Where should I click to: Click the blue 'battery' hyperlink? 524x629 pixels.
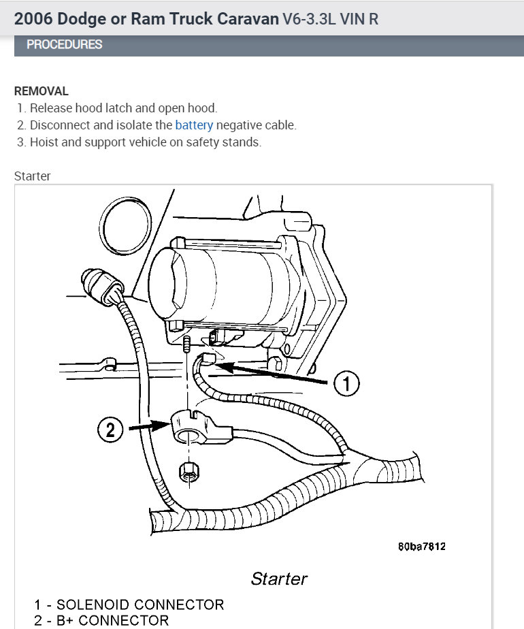click(x=194, y=125)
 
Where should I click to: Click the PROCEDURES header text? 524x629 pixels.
click(x=64, y=45)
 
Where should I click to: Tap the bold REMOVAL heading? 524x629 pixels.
click(x=41, y=91)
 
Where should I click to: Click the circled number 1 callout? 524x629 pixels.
click(x=346, y=385)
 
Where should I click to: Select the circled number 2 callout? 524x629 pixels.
click(x=111, y=430)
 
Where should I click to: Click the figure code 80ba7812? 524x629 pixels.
click(x=422, y=547)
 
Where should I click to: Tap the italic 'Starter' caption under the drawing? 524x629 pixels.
click(x=279, y=579)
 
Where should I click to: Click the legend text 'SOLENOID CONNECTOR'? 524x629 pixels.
click(x=140, y=604)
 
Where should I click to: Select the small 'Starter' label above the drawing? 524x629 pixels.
click(x=33, y=176)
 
